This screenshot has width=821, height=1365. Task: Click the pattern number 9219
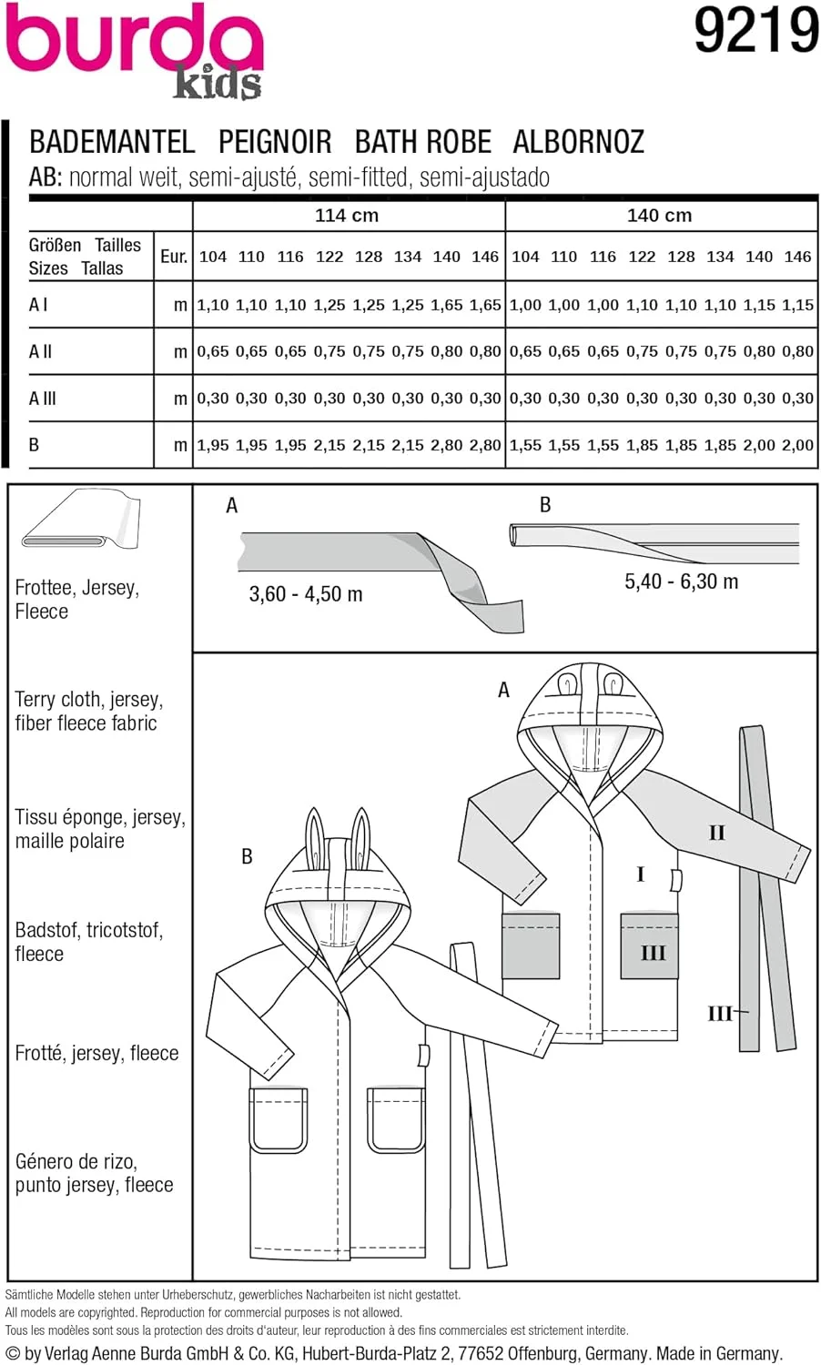click(755, 31)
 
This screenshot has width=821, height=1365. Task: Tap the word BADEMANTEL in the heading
click(112, 142)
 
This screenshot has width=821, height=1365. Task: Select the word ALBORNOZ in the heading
click(578, 142)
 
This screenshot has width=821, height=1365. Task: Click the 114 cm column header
click(347, 216)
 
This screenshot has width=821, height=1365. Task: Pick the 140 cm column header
click(659, 216)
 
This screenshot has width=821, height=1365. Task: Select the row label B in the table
click(35, 445)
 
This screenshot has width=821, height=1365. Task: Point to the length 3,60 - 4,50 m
click(306, 594)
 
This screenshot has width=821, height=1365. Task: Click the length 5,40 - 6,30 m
click(681, 581)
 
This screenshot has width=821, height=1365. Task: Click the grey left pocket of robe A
click(530, 945)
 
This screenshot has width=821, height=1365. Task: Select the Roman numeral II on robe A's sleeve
click(717, 833)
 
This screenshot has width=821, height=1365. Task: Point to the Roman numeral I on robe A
click(641, 875)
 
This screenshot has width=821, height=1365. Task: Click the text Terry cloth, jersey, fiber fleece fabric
click(88, 712)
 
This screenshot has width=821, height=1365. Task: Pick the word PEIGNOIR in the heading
click(275, 142)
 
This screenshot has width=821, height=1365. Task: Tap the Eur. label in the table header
click(173, 257)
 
